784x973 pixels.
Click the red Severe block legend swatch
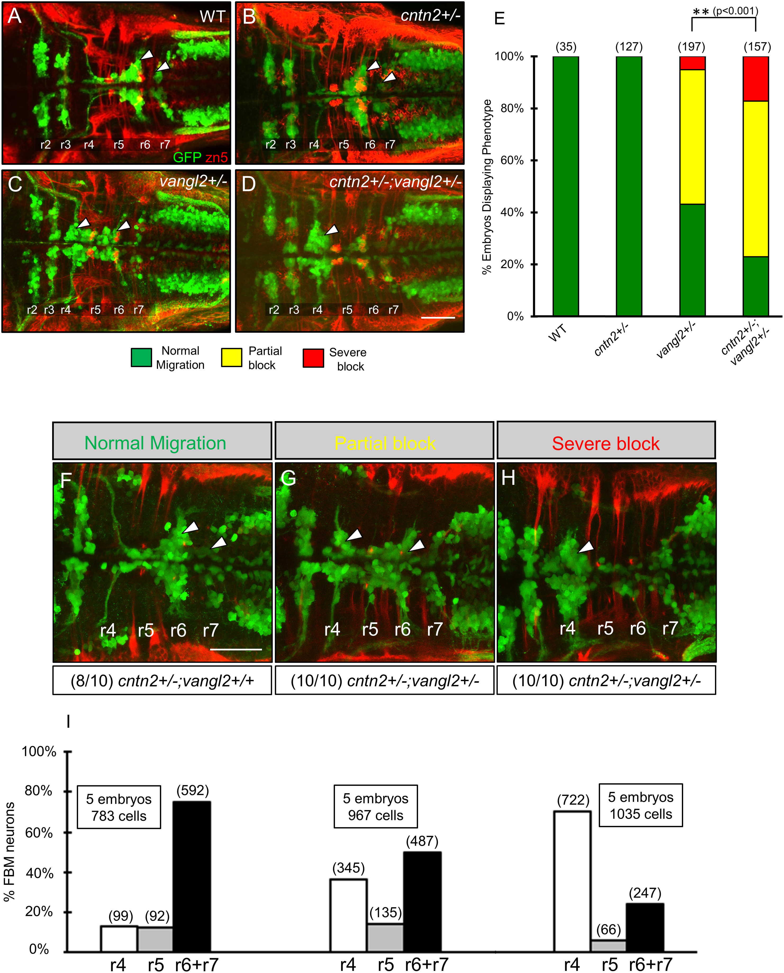pyautogui.click(x=313, y=358)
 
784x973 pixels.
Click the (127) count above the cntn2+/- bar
pyautogui.click(x=629, y=47)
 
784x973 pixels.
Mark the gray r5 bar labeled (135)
pyautogui.click(x=385, y=937)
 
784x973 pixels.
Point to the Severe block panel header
pyautogui.click(x=606, y=444)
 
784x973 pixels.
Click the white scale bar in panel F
pyautogui.click(x=236, y=649)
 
